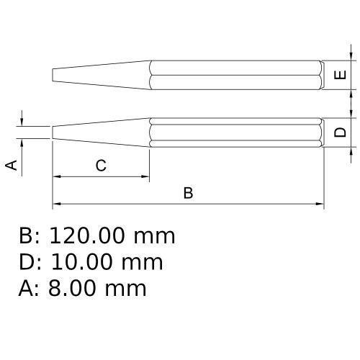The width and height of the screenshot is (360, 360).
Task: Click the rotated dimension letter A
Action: [12, 165]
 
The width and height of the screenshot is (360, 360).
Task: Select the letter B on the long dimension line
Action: [188, 193]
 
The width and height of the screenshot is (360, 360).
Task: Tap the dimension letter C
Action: [102, 166]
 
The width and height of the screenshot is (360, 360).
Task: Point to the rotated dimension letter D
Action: [342, 132]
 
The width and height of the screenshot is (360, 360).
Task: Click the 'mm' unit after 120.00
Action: [154, 235]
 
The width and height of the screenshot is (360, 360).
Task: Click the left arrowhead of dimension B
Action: [56, 204]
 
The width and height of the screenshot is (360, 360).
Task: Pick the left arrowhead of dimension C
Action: [56, 176]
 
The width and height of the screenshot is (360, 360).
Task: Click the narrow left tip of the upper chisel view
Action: [53, 76]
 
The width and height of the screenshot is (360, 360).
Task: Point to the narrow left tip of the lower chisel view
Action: [53, 132]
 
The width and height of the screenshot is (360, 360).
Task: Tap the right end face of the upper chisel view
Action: [322, 76]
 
